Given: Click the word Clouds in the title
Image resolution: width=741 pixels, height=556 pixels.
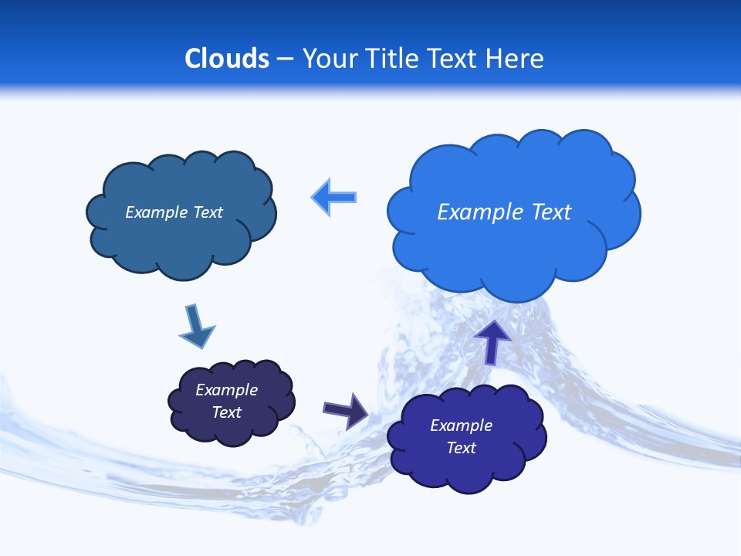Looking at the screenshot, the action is tap(227, 59).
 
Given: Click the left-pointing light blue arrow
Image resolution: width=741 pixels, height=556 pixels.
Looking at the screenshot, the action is tap(334, 198).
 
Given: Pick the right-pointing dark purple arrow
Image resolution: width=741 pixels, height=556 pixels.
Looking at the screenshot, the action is tap(346, 410).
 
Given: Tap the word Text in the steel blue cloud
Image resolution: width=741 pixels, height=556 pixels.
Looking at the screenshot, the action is tap(208, 212).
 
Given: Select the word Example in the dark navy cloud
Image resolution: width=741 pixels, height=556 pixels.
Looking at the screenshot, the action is tap(227, 390).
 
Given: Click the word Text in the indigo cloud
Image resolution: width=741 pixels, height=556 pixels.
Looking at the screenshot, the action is tap(462, 448).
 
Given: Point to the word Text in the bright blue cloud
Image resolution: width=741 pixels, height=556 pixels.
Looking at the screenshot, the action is tap(551, 212).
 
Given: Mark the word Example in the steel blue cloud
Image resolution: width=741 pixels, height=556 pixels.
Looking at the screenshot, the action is tap(157, 212).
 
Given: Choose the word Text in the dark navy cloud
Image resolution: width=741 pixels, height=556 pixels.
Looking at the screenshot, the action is tap(227, 412).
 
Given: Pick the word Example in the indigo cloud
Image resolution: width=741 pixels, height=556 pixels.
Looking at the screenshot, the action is tap(462, 425).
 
